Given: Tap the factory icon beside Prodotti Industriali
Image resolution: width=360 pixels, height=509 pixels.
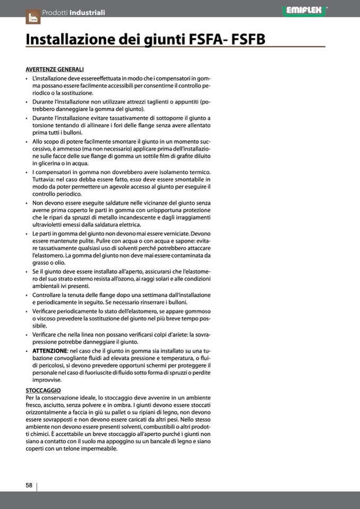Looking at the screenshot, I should click(x=32, y=16).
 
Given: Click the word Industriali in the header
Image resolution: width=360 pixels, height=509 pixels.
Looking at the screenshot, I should click(x=87, y=12).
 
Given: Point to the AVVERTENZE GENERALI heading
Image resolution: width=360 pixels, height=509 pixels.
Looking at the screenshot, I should click(x=54, y=70).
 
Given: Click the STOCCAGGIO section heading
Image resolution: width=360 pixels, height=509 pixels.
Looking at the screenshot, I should click(x=43, y=390).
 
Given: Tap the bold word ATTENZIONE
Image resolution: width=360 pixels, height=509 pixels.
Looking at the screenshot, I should click(x=49, y=351).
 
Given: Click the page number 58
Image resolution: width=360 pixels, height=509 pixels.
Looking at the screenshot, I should click(x=29, y=485).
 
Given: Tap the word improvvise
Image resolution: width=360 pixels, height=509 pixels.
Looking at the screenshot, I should click(x=47, y=380).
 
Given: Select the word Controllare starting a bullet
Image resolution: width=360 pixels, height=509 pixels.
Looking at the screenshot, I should click(x=49, y=295).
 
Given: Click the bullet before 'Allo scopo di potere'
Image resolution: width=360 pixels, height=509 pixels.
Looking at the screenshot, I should click(x=27, y=142).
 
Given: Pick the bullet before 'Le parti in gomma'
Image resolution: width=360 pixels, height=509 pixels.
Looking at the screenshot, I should click(x=27, y=234).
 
